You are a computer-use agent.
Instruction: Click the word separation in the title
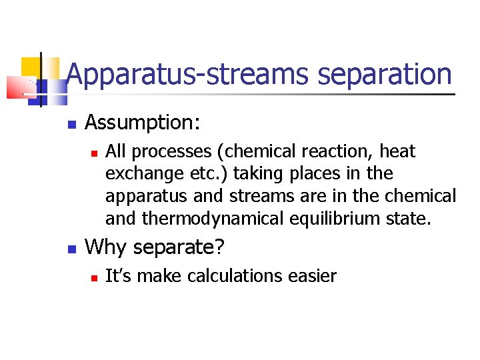point(385,74)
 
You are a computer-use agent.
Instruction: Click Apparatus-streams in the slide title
point(189,74)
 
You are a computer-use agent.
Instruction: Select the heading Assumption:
point(143,123)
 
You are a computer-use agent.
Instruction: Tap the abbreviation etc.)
point(201,174)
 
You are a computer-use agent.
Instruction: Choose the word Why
point(107,247)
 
